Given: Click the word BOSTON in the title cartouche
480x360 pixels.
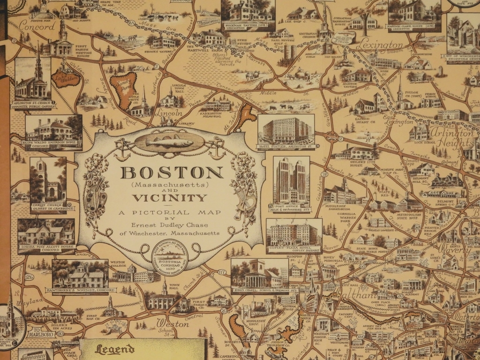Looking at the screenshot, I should pos(172,172).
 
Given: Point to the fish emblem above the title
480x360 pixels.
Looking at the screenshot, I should pos(169,141).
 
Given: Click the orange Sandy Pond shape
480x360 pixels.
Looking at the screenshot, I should pos(123,89).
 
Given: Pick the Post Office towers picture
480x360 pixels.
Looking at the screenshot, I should pos(291,182).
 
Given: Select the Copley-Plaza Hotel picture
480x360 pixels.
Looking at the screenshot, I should pos(294,234).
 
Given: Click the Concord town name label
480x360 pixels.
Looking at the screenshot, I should pos(37,27).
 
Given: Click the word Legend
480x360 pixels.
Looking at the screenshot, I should pos(115,350).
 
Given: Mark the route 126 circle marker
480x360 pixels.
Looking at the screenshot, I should pos(29,277).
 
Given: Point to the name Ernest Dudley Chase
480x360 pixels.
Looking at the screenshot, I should pos(169,225).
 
